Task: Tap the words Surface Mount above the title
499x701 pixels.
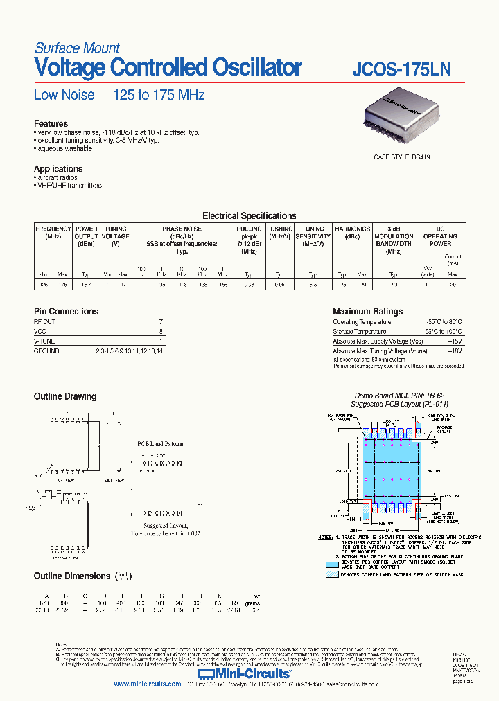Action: pos(77,48)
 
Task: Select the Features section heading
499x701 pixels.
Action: pos(51,124)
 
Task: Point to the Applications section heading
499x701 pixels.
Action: pos(58,169)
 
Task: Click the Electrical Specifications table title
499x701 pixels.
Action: pos(249,216)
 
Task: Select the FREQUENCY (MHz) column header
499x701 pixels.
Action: pos(53,233)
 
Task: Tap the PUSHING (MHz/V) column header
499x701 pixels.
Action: pos(280,233)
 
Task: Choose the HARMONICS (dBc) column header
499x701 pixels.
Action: pos(352,233)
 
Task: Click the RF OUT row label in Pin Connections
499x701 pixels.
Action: pos(44,322)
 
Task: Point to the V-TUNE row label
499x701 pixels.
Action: pos(44,341)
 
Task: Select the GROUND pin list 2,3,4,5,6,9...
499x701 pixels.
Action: pos(131,351)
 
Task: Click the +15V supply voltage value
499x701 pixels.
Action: pos(454,341)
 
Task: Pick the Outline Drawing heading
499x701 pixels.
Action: pos(65,397)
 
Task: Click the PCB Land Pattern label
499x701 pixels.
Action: pos(159,443)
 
